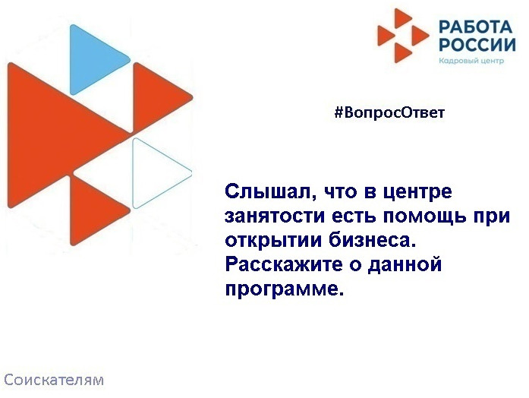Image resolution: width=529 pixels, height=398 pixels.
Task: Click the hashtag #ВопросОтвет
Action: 389,113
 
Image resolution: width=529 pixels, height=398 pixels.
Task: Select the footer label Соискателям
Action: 54,378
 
